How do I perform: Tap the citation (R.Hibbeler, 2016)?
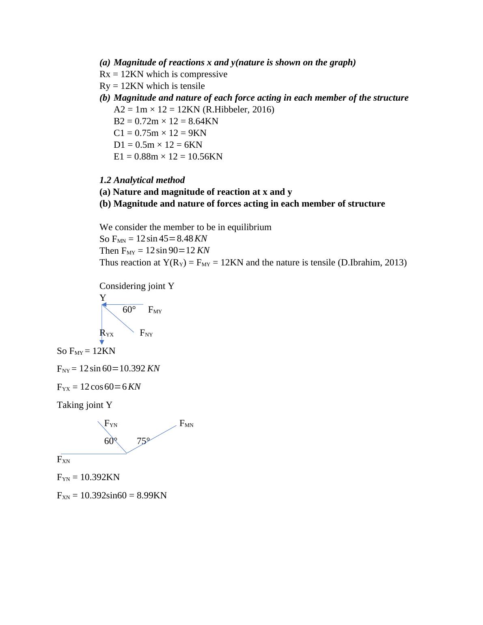pyautogui.click(x=238, y=110)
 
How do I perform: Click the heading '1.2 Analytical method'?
pyautogui.click(x=142, y=180)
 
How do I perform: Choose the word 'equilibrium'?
pyautogui.click(x=248, y=227)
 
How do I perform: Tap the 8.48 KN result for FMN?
pyautogui.click(x=192, y=239)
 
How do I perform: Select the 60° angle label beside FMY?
pyautogui.click(x=129, y=310)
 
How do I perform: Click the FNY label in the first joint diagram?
pyautogui.click(x=146, y=333)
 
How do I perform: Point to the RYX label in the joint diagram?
pyautogui.click(x=106, y=333)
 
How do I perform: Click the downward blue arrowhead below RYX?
pyautogui.click(x=102, y=342)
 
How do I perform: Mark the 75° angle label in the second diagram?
pyautogui.click(x=143, y=441)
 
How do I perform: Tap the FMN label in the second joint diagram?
pyautogui.click(x=186, y=424)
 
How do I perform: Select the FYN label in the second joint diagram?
pyautogui.click(x=111, y=424)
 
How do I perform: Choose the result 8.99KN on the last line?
pyautogui.click(x=152, y=496)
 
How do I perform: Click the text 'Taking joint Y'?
pyautogui.click(x=84, y=405)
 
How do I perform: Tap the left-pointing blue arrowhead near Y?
pyautogui.click(x=104, y=304)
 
